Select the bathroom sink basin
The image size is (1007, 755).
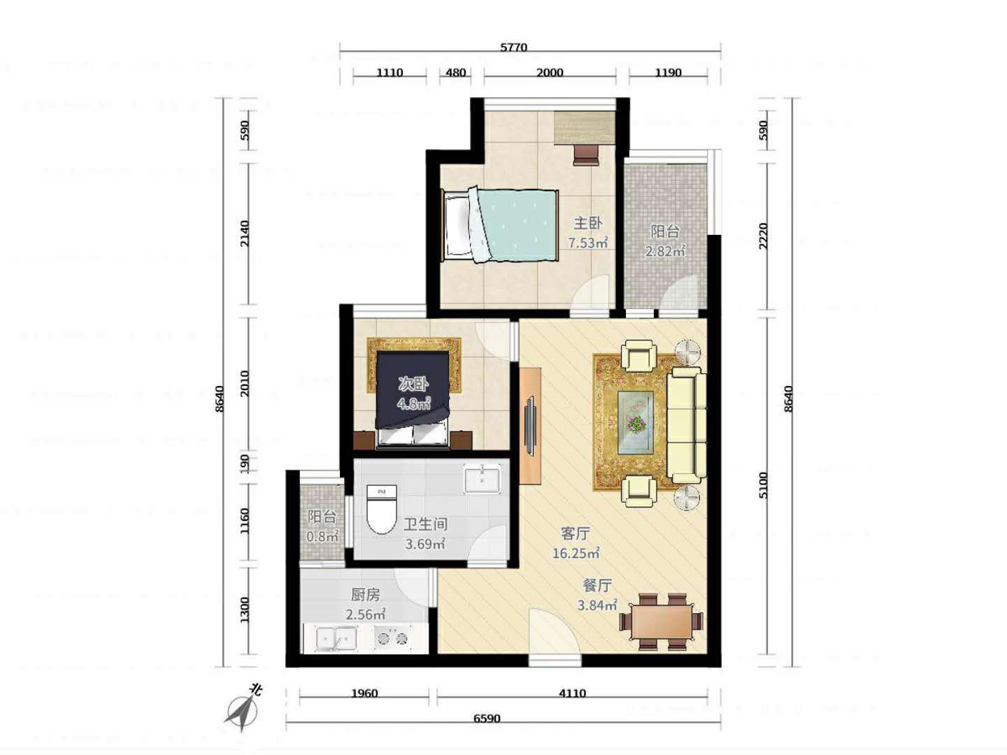click(482, 479)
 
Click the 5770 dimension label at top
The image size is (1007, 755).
click(513, 48)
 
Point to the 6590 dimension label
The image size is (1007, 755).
click(487, 719)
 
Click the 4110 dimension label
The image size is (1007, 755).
click(572, 693)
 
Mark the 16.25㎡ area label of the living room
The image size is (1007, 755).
click(576, 553)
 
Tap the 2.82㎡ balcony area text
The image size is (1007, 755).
click(665, 251)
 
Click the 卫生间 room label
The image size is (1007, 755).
click(425, 524)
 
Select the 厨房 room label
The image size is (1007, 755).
click(366, 595)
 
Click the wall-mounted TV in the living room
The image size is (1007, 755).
click(531, 426)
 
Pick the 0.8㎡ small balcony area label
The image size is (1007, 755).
click(322, 536)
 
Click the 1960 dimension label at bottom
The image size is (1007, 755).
click(365, 693)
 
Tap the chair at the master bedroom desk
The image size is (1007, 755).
click(586, 155)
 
